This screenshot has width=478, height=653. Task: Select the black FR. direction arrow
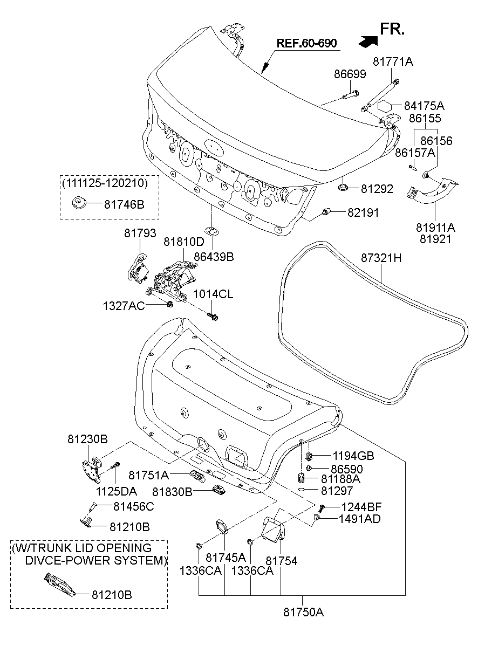367,39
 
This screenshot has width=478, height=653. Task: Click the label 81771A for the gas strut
392,62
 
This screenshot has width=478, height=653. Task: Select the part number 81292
377,189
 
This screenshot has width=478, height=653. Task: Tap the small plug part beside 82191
326,212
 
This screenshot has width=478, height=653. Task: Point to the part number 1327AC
124,306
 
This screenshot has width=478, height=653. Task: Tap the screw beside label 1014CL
213,315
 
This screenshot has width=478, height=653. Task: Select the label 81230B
87,439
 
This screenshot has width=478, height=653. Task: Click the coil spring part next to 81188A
302,478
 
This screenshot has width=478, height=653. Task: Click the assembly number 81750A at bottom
303,612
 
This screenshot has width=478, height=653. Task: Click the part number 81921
435,239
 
